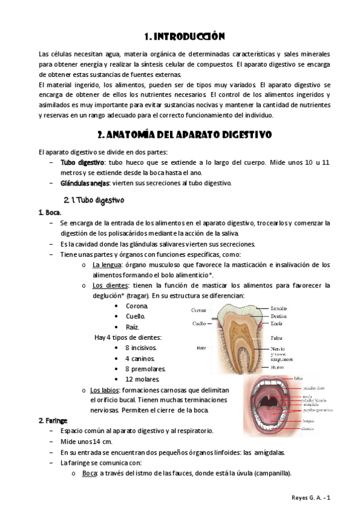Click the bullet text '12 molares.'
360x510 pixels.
[x=142, y=379]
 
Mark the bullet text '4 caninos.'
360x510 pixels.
[x=139, y=358]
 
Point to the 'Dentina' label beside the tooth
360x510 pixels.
[x=279, y=316]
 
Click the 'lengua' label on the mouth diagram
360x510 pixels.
[x=291, y=421]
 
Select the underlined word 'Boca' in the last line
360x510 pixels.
[x=89, y=473]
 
